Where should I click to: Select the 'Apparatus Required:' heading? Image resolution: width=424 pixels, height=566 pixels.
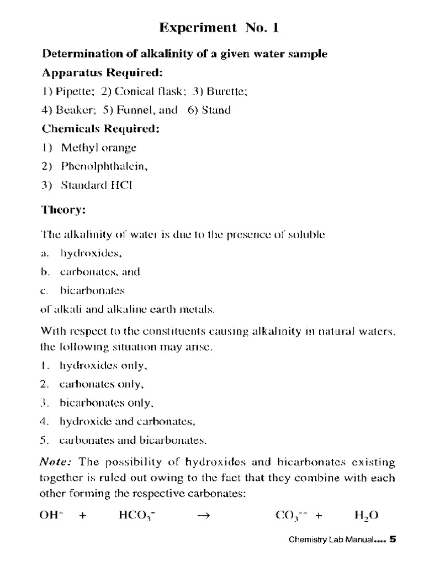tap(102, 73)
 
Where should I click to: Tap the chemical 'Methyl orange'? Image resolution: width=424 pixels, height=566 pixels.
tap(99, 148)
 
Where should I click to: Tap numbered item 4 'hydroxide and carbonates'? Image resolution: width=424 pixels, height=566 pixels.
tap(127, 422)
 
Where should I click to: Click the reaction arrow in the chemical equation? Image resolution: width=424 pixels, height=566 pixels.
tap(204, 516)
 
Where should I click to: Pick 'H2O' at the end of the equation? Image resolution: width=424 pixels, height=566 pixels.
tap(366, 516)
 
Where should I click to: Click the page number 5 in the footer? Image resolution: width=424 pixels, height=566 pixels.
tap(393, 540)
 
